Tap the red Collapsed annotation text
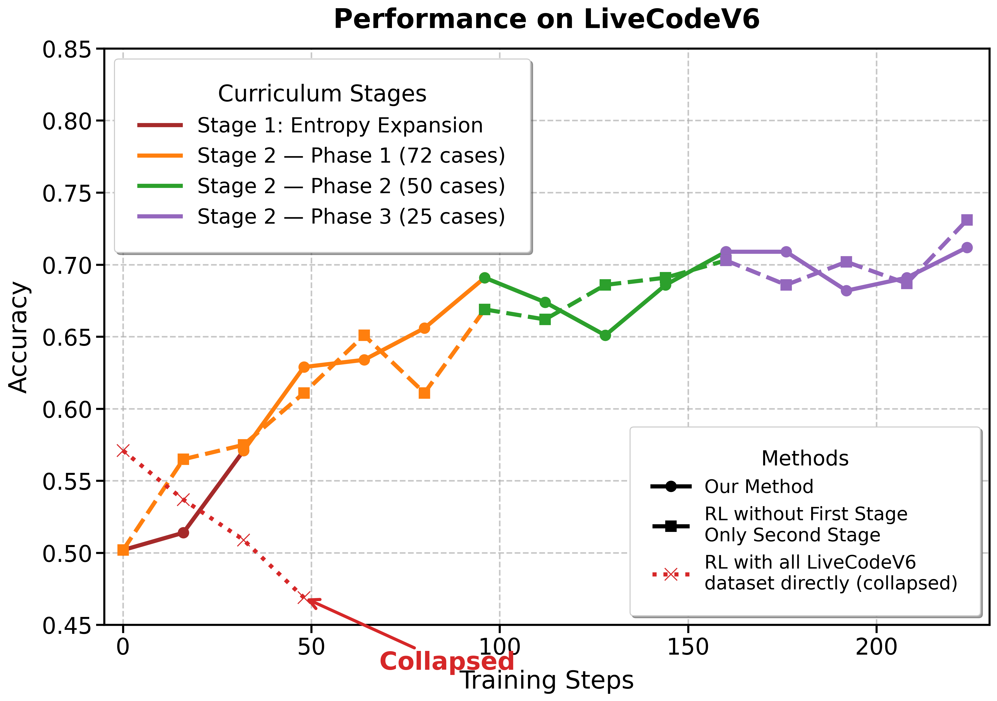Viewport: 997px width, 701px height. (x=447, y=662)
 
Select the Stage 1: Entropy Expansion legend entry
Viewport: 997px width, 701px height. (x=340, y=126)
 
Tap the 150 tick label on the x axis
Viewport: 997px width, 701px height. (x=688, y=647)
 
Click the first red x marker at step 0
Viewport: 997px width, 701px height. (x=123, y=451)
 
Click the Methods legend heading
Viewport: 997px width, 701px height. (x=805, y=458)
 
